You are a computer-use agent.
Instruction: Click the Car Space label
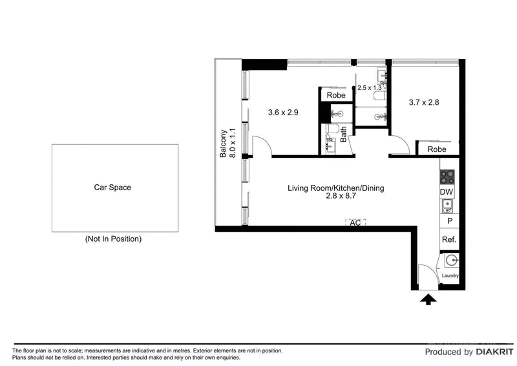pos(112,188)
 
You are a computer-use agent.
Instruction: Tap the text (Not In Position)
pos(113,239)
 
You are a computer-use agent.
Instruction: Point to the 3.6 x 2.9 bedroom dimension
pos(283,113)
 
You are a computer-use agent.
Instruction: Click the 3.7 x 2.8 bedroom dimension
pos(424,102)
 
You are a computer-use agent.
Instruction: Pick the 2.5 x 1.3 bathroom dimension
pos(369,87)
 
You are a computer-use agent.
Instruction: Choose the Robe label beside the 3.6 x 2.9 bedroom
pos(336,95)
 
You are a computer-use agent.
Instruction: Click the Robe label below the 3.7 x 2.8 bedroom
pos(437,149)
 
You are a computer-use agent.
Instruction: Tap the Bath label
pos(344,134)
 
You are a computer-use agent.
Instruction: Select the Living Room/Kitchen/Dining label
pos(336,189)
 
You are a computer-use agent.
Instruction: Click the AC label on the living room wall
pos(355,222)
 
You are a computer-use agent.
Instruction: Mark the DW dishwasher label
pos(446,192)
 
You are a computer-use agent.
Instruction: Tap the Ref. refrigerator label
pos(448,239)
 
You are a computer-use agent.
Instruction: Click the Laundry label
pos(450,276)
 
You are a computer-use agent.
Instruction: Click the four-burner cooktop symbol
pos(447,176)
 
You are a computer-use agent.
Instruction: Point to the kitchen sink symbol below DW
pos(447,206)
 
